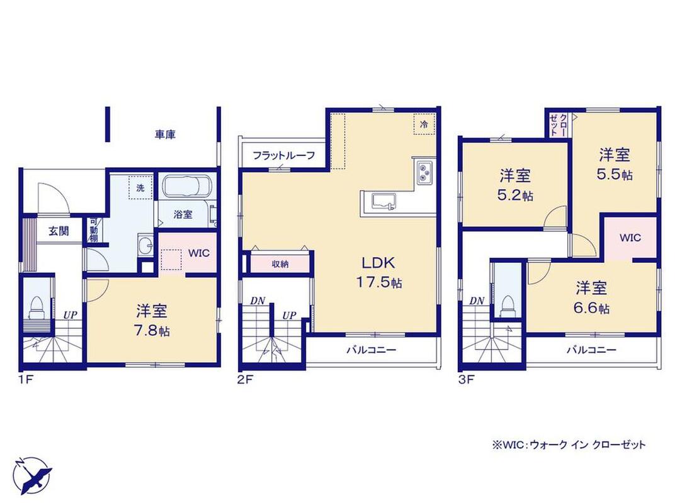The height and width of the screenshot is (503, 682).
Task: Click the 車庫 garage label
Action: coord(165,135)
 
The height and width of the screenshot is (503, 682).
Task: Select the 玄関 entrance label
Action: coord(59,231)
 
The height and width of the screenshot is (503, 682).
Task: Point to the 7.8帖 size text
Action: coord(151,331)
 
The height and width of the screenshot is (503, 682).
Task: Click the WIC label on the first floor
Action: coord(199,253)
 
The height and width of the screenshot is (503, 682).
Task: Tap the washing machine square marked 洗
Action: coord(140,187)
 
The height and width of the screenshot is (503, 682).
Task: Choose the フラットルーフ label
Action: coord(283,155)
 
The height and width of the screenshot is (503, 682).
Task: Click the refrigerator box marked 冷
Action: coord(424,124)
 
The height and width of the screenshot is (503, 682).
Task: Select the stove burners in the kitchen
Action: coord(423,172)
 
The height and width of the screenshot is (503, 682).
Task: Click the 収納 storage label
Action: coord(280,263)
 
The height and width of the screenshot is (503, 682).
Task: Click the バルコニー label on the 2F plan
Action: coord(372,350)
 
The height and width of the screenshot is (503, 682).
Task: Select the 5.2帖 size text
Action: coord(515,196)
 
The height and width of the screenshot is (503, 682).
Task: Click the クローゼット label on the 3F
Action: coord(559,125)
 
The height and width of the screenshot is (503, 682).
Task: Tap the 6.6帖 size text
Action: coord(591,308)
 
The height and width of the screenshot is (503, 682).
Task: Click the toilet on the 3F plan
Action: coord(507,307)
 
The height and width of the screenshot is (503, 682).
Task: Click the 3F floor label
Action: coord(465,380)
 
